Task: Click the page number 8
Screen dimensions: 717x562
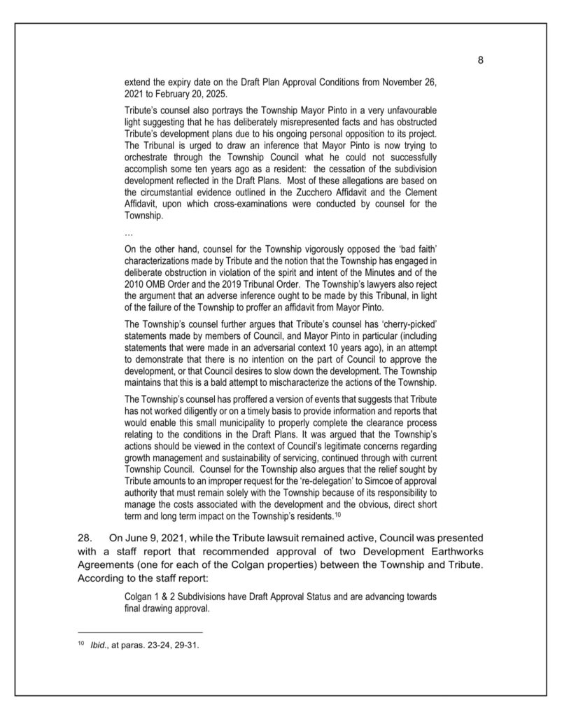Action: pyautogui.click(x=481, y=60)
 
